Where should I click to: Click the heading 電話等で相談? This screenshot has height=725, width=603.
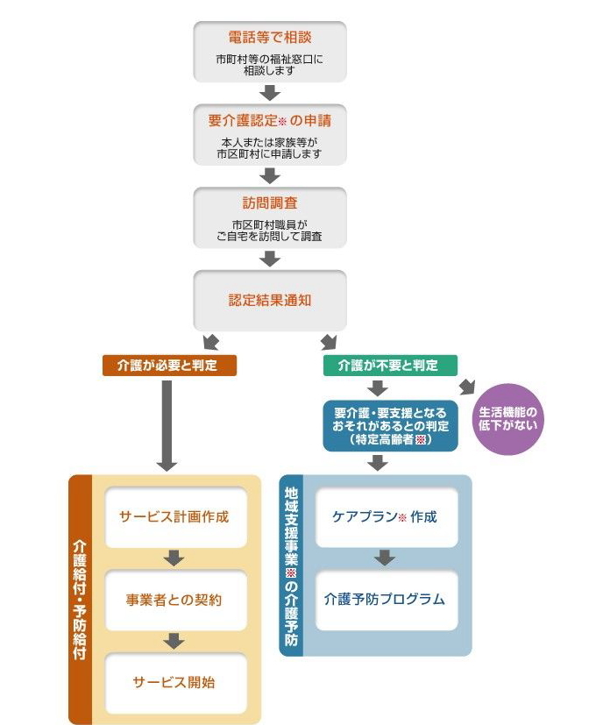(x=270, y=38)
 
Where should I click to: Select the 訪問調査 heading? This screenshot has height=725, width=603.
(x=270, y=203)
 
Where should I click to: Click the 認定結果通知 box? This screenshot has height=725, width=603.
(x=270, y=300)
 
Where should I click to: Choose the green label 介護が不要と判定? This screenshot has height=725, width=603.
(x=388, y=365)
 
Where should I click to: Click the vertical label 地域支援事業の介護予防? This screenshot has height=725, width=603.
(x=292, y=565)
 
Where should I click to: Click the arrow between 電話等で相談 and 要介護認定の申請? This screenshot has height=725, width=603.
(x=270, y=93)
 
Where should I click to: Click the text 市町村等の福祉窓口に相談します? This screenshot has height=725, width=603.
(x=270, y=64)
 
